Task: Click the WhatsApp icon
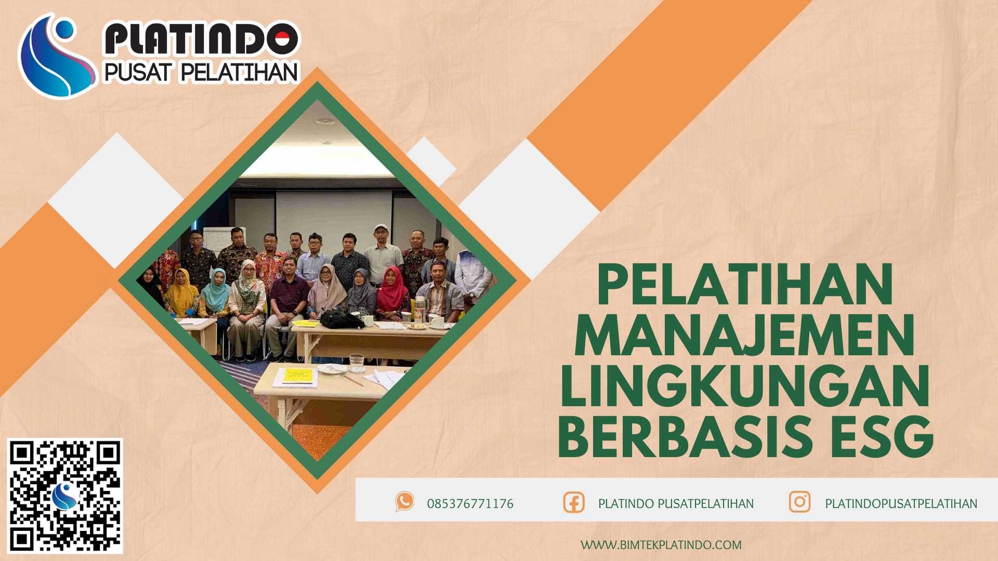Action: [404, 502]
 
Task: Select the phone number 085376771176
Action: [470, 504]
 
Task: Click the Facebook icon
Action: [574, 503]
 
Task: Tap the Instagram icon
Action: [799, 502]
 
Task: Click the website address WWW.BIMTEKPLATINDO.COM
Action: [661, 545]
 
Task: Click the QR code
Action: [65, 496]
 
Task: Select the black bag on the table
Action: [340, 319]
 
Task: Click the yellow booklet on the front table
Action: [298, 375]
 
